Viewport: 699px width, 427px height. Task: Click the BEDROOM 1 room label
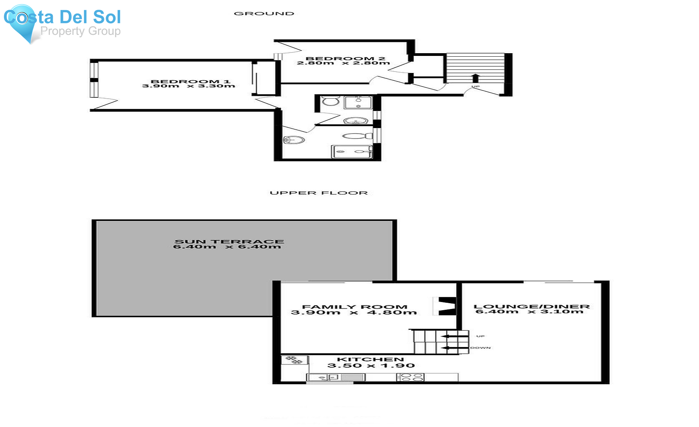(x=190, y=82)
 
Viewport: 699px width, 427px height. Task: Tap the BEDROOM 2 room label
(x=345, y=59)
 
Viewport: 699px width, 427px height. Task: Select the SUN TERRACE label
(x=229, y=241)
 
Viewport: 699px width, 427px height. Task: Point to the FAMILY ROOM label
(x=355, y=307)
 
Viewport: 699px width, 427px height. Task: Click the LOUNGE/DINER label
(x=532, y=306)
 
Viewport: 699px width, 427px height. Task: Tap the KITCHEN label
(x=370, y=359)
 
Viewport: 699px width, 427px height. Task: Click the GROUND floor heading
(x=264, y=14)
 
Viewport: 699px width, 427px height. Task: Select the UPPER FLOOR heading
(x=318, y=193)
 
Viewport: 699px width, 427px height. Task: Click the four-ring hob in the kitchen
(x=410, y=377)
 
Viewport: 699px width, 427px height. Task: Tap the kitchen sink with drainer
(x=336, y=377)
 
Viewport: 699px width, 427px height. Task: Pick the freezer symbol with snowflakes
(x=294, y=360)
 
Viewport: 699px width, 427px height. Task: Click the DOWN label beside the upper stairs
(x=480, y=348)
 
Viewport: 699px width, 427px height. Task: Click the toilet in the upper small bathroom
(x=330, y=101)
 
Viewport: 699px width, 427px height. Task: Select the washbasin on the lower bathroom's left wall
(x=293, y=140)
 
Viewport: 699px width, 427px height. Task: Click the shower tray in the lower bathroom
(x=351, y=151)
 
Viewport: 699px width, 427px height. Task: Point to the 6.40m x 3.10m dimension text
(x=529, y=312)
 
